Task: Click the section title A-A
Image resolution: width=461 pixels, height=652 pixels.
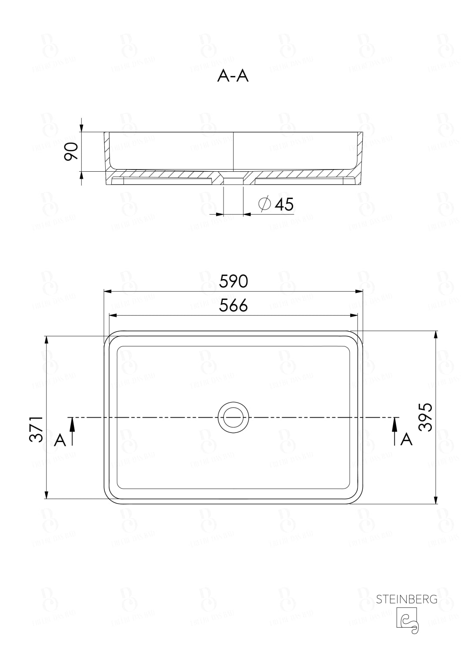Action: point(233,76)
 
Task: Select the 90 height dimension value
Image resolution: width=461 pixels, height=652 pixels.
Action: point(71,151)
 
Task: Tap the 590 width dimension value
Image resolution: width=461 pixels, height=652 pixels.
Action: point(233,282)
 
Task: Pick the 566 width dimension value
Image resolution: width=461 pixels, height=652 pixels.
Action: point(233,306)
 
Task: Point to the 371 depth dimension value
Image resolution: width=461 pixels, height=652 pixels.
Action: point(37,429)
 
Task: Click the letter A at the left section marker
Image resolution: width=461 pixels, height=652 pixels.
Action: point(60,440)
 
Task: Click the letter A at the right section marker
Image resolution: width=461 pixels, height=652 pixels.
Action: point(406,439)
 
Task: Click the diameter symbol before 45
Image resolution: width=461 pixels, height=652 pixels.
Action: point(264,204)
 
